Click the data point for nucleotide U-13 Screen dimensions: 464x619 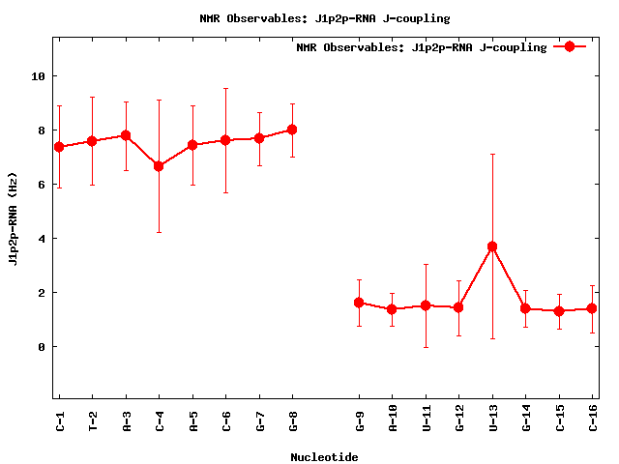[492, 246]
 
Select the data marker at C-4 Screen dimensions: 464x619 [159, 166]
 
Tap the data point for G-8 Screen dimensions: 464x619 [292, 130]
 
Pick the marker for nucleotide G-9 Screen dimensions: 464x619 [359, 303]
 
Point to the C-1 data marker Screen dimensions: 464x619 [59, 147]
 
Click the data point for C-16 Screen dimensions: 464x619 [592, 308]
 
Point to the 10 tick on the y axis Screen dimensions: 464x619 [38, 76]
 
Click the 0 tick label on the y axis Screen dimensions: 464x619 [41, 347]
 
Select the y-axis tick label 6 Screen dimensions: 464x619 [41, 185]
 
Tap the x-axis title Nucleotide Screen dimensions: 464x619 [324, 457]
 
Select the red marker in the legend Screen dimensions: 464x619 [570, 46]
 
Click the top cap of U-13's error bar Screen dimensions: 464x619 [492, 154]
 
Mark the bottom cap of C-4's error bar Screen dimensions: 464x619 [159, 232]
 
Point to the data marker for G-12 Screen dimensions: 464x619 [458, 307]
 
